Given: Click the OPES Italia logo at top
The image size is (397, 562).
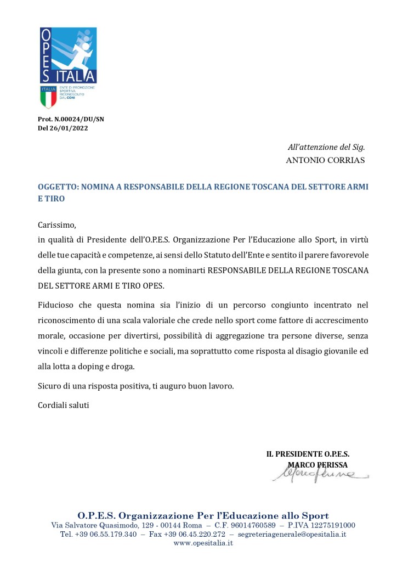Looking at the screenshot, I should click(x=68, y=55).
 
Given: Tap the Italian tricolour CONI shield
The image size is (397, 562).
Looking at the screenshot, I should click(x=48, y=97).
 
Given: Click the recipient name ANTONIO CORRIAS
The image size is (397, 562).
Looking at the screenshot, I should click(x=325, y=161).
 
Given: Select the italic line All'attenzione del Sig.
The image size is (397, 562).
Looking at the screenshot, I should click(x=326, y=147).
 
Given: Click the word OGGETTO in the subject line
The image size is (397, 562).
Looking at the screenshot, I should click(x=58, y=187).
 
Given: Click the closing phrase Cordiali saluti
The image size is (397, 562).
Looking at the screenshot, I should click(x=63, y=405).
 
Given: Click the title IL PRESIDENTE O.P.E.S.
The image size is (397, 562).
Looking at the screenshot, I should click(x=308, y=454).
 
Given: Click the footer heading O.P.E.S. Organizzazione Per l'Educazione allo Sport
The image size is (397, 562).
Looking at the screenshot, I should click(x=203, y=515).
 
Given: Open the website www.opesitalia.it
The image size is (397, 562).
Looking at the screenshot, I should click(x=203, y=543).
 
